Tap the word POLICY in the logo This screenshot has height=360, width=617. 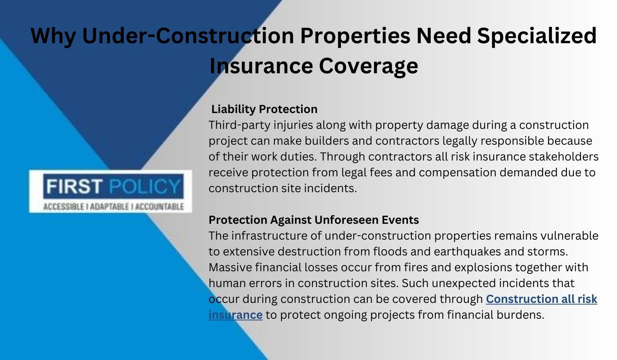tap(145, 186)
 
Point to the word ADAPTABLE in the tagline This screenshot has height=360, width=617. tap(110, 206)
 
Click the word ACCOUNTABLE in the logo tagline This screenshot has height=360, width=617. tap(160, 206)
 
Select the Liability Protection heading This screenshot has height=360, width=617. tap(264, 109)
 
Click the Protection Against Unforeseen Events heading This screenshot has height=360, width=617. tap(314, 220)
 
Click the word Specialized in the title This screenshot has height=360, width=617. tap(537, 36)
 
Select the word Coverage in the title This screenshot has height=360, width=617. tap(369, 66)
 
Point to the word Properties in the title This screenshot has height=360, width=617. tap(355, 36)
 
